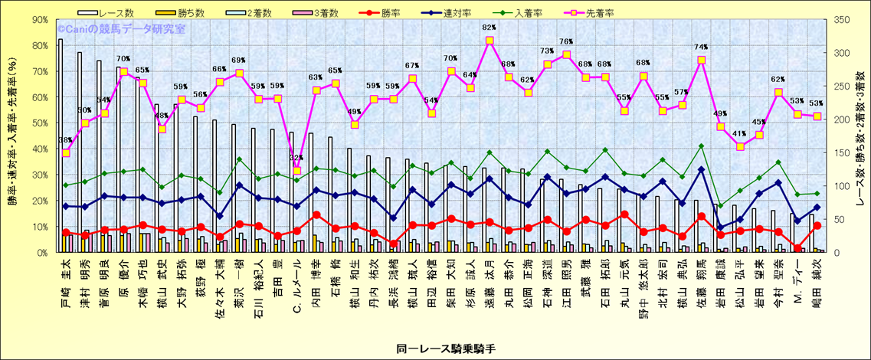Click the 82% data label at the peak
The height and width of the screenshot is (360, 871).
[x=489, y=28]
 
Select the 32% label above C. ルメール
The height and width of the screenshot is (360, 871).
[x=296, y=159]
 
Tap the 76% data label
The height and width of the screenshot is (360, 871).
[x=566, y=42]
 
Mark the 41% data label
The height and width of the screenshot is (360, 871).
[x=739, y=134]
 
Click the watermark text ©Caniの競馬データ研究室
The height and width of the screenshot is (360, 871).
[x=120, y=29]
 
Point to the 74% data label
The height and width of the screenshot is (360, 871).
[x=701, y=47]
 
